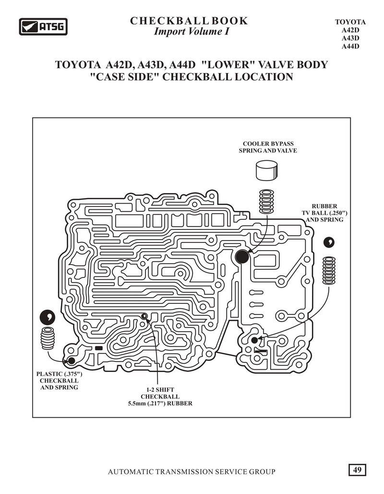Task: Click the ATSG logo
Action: click(x=43, y=26)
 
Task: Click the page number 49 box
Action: click(x=357, y=470)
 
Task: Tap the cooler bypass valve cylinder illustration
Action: click(x=266, y=170)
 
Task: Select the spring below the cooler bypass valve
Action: click(x=266, y=202)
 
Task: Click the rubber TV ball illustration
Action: click(x=329, y=242)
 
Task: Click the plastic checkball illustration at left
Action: click(x=48, y=317)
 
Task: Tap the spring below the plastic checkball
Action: click(x=48, y=338)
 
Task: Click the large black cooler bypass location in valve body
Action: click(x=242, y=257)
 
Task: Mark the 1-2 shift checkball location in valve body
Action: click(x=144, y=316)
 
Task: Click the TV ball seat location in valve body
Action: click(x=254, y=340)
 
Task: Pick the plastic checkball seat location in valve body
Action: click(x=72, y=361)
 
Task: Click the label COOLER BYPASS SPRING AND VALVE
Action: click(x=268, y=147)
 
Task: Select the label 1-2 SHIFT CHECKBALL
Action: click(x=160, y=393)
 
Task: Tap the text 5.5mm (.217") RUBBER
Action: click(x=160, y=404)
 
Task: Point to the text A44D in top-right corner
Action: click(x=350, y=46)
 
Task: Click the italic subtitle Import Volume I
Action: click(x=191, y=32)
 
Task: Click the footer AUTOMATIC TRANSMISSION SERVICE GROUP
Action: click(x=192, y=471)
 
